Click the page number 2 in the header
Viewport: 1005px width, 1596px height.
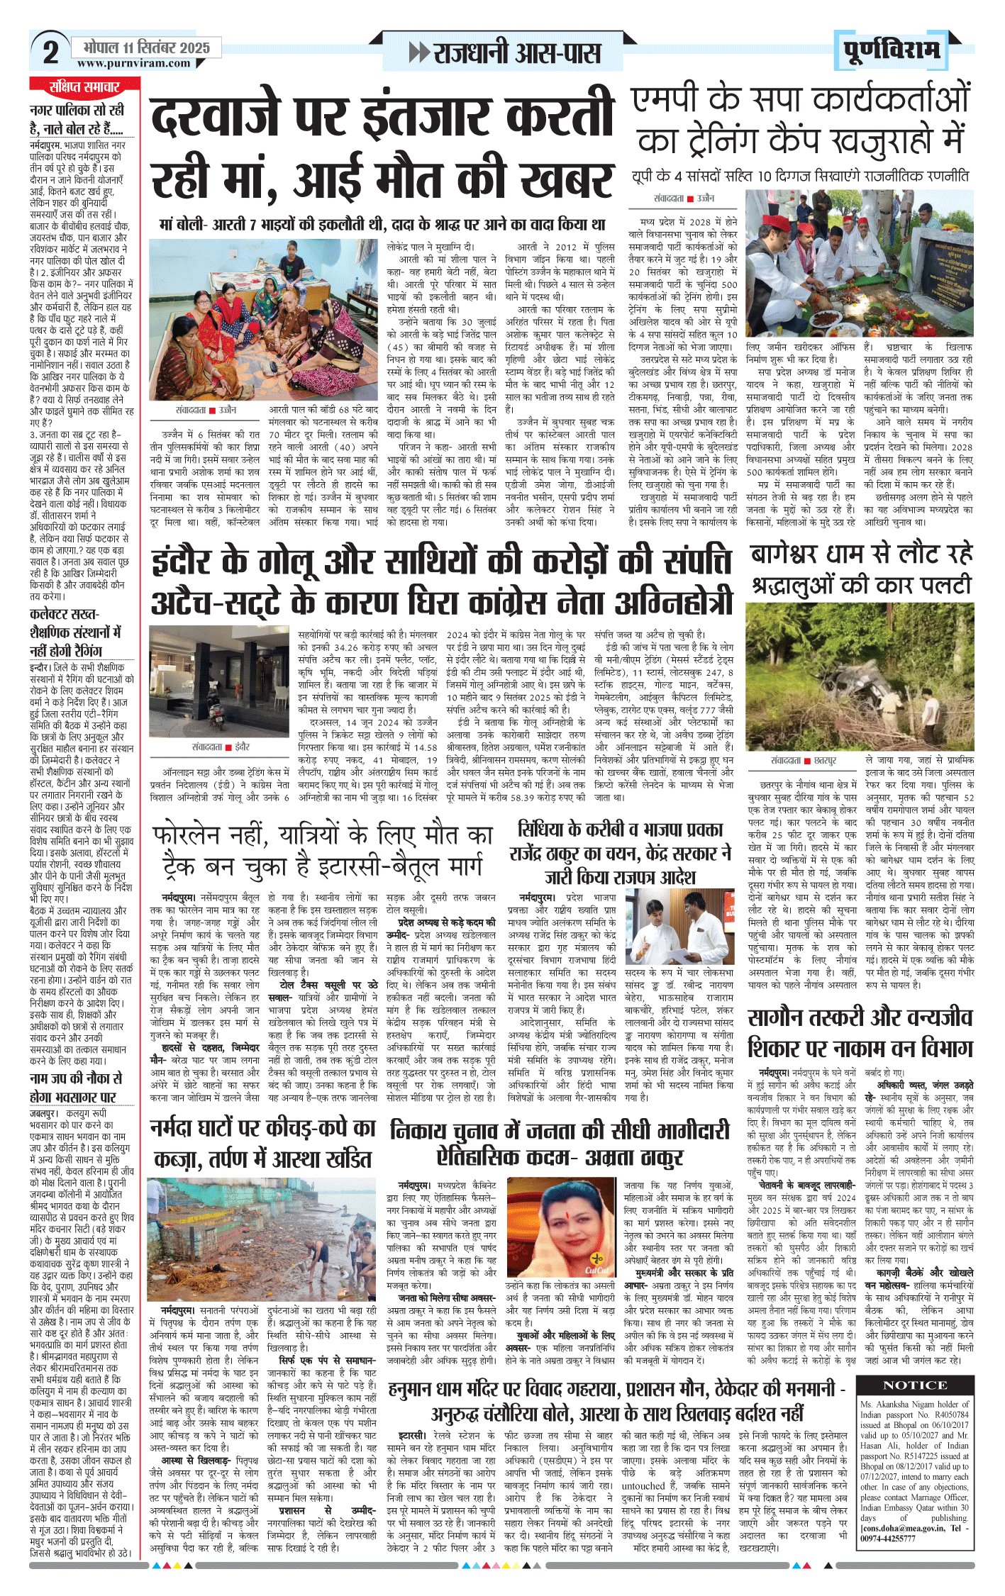pyautogui.click(x=50, y=52)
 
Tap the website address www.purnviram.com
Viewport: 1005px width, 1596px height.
pyautogui.click(x=134, y=64)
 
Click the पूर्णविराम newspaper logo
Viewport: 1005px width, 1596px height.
pyautogui.click(x=892, y=50)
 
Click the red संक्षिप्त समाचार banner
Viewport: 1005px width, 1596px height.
pyautogui.click(x=84, y=87)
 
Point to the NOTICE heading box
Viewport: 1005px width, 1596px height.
pyautogui.click(x=914, y=1385)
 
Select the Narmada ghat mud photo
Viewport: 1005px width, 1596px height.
pyautogui.click(x=262, y=1239)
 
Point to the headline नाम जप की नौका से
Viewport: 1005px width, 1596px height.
pyautogui.click(x=76, y=1078)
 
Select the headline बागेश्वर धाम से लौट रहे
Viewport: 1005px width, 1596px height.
pyautogui.click(x=861, y=554)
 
